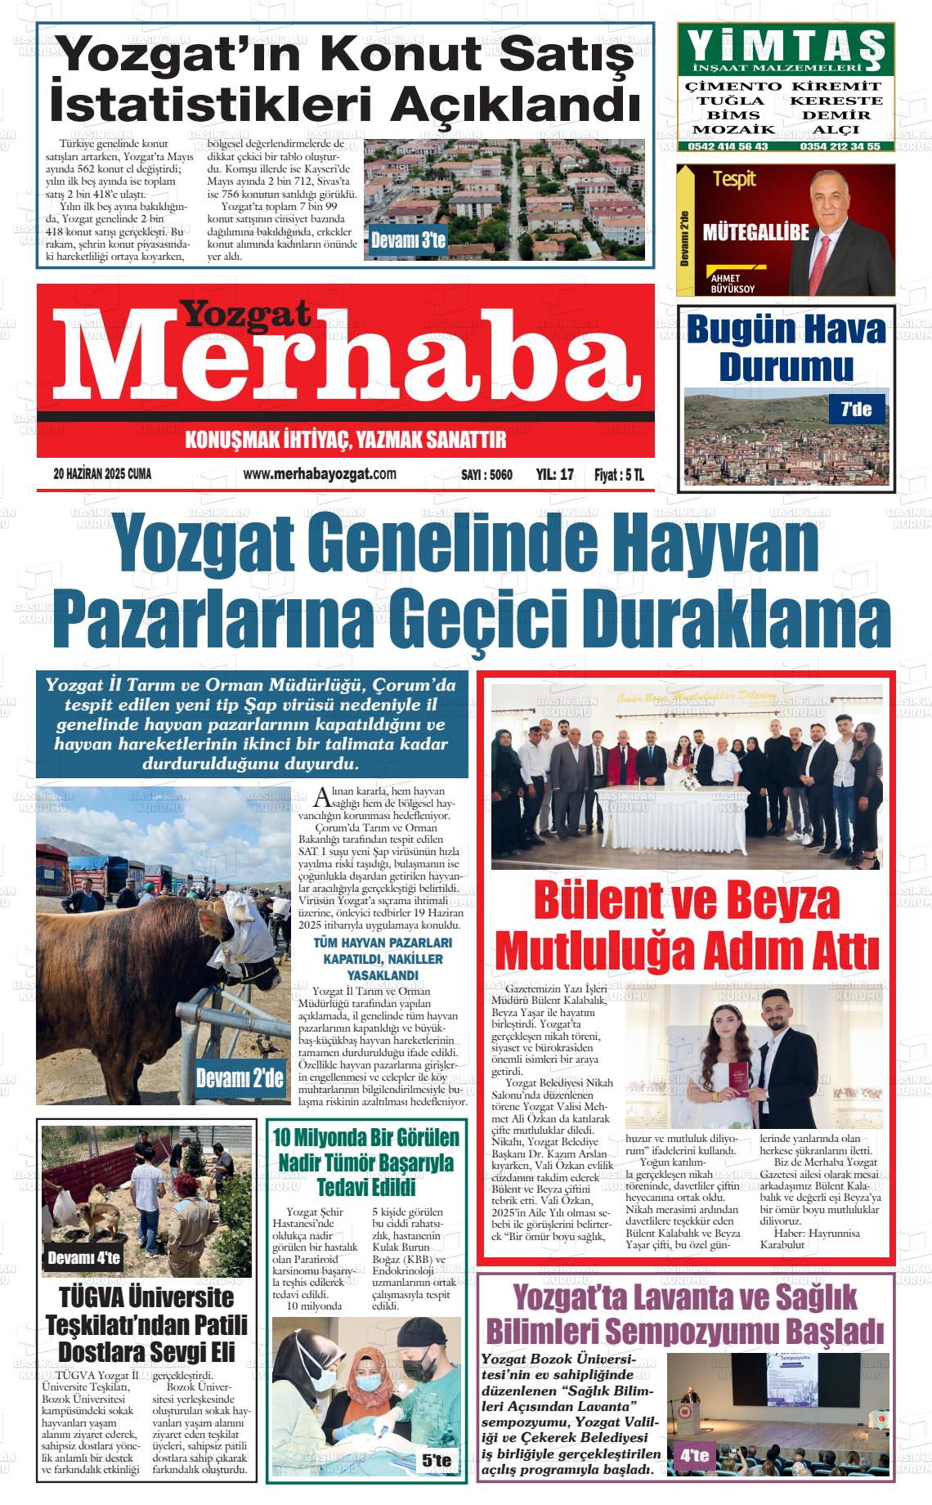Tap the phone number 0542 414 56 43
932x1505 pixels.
click(x=728, y=146)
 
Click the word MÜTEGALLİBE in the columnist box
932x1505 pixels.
click(x=755, y=233)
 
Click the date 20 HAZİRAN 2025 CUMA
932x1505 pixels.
click(x=102, y=474)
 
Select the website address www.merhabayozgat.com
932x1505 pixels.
click(x=320, y=474)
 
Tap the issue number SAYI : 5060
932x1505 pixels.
click(x=486, y=475)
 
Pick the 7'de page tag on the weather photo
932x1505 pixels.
click(x=857, y=409)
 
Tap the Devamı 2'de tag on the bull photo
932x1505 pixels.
click(x=240, y=1077)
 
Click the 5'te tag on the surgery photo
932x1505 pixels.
click(x=437, y=1461)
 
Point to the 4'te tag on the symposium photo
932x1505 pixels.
click(x=694, y=1456)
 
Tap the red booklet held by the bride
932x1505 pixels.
click(x=737, y=1073)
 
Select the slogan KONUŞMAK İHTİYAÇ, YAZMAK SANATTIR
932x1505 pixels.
click(x=346, y=441)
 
